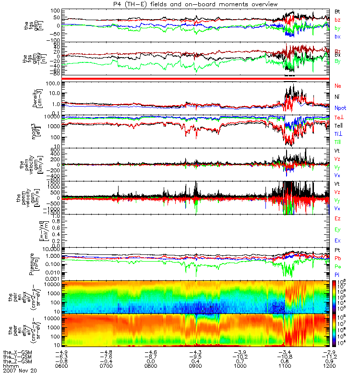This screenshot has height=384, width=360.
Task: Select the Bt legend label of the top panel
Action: click(337, 11)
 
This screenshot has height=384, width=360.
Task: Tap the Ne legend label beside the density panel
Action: click(337, 85)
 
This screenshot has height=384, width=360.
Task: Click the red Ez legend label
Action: click(337, 218)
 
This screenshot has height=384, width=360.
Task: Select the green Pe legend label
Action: click(337, 266)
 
